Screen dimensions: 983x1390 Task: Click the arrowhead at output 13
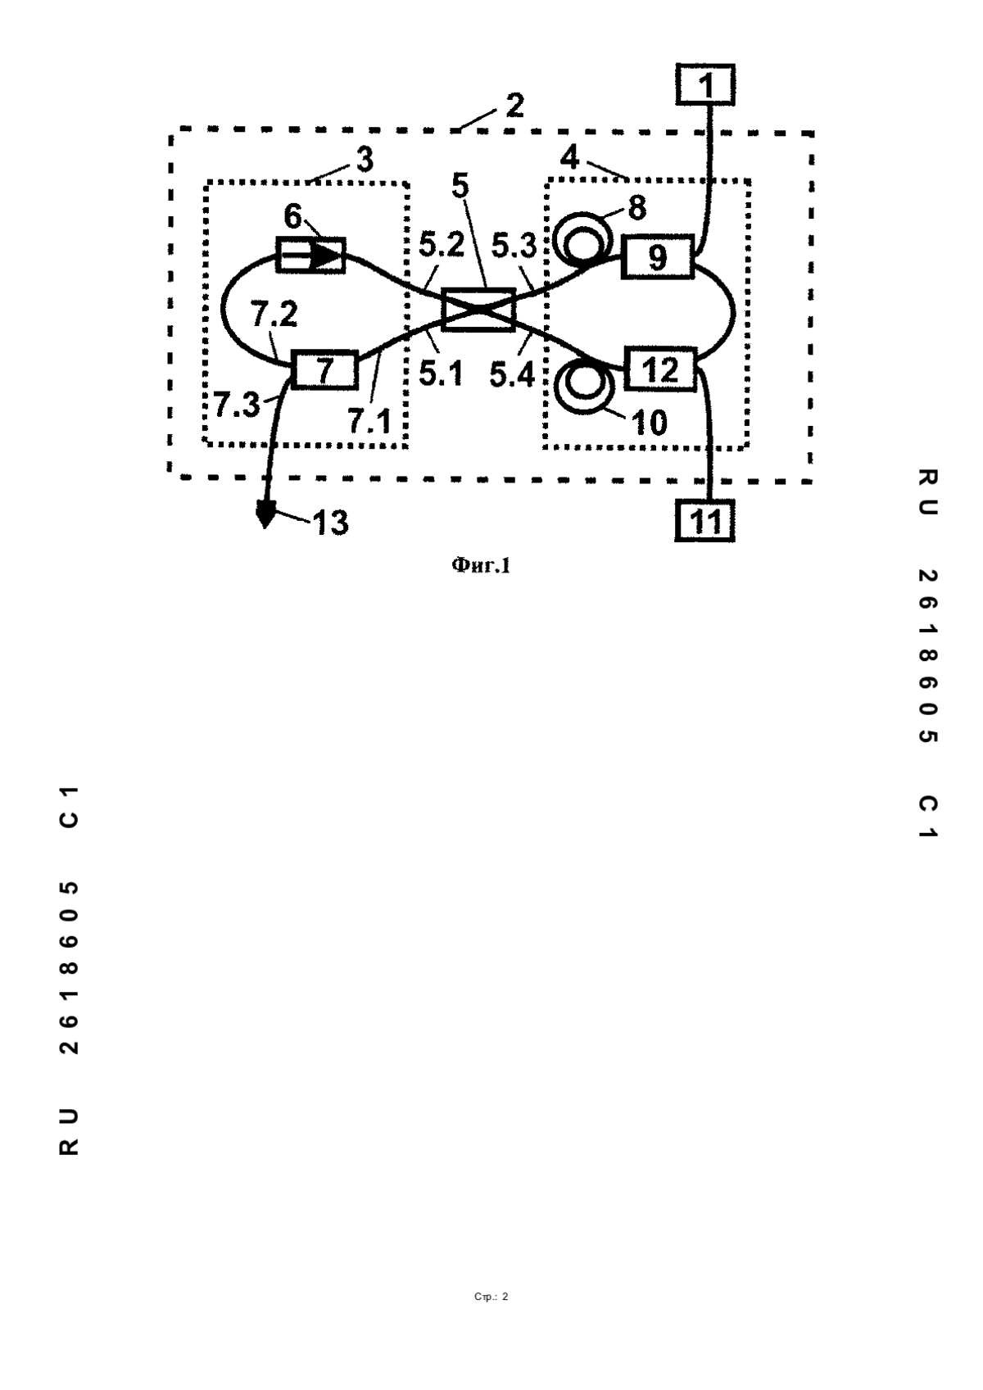coord(265,516)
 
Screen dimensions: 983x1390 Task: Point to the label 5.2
coord(442,245)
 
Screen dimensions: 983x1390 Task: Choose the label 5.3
coord(514,247)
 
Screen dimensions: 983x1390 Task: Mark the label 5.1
coord(441,374)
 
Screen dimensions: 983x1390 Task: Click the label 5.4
coord(512,374)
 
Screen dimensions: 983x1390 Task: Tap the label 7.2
coord(274,315)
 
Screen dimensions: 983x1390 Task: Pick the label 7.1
coord(369,421)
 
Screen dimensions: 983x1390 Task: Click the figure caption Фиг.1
coord(480,564)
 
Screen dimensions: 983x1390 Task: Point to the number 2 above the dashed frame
coord(514,106)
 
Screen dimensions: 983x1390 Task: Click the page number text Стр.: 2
coord(491,1297)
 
